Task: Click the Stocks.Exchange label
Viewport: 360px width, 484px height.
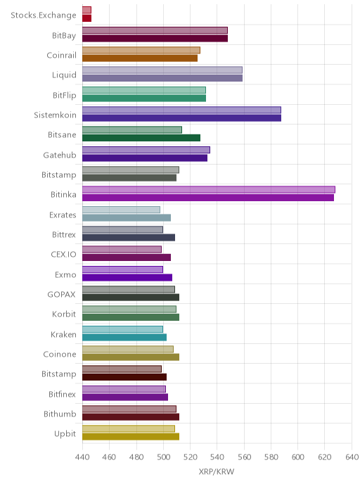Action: point(43,15)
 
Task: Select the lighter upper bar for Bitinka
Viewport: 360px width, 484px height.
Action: point(209,189)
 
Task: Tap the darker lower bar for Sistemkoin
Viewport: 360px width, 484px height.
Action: point(181,118)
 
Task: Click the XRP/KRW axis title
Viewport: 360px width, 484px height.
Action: point(217,471)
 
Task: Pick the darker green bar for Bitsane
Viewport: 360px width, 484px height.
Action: point(141,138)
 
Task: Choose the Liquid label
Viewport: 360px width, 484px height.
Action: point(64,75)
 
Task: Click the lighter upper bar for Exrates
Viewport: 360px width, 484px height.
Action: point(121,210)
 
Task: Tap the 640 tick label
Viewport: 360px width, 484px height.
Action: point(352,457)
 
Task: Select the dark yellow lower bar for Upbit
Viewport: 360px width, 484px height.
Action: point(131,436)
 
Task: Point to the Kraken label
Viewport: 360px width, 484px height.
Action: point(63,334)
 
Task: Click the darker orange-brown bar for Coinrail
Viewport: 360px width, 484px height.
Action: point(140,58)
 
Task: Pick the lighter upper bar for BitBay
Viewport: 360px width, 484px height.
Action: point(155,30)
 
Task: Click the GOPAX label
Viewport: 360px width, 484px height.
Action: point(61,295)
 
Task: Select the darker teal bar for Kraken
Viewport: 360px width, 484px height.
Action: point(124,337)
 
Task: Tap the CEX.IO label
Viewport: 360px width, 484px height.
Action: point(63,255)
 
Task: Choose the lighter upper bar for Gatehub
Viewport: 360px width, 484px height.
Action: point(146,150)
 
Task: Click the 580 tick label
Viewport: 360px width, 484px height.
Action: point(271,457)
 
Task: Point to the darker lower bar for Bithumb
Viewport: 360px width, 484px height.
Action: point(131,416)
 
